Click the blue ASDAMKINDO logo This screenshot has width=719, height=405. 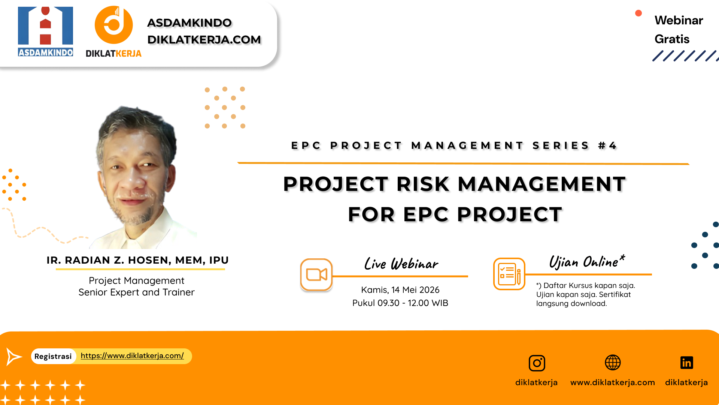(x=45, y=31)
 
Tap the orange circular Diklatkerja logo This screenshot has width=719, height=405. (x=113, y=25)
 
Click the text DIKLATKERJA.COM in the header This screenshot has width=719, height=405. (x=204, y=40)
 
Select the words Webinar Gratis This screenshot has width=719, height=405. (x=678, y=30)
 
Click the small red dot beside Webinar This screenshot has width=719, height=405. (x=638, y=13)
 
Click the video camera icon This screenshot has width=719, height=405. (x=316, y=274)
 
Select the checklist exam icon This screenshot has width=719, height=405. (x=509, y=274)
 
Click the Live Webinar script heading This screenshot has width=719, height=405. (x=401, y=264)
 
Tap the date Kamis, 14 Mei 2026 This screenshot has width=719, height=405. (x=400, y=290)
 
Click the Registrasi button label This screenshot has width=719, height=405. (x=53, y=356)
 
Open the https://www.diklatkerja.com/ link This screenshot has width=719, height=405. (x=132, y=356)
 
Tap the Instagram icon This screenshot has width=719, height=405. (x=537, y=363)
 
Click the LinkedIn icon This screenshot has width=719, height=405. (x=686, y=363)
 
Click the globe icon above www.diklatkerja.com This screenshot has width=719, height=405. (x=613, y=363)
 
